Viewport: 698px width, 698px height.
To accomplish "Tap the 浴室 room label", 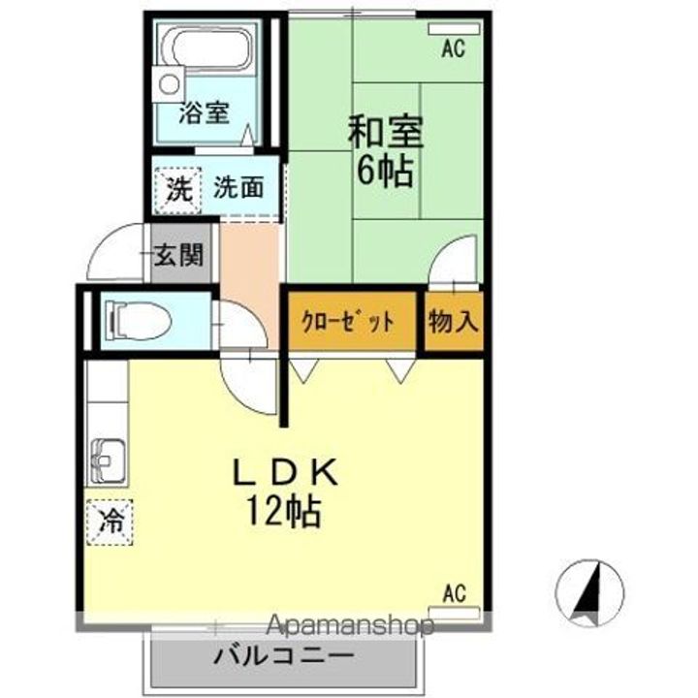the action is [x=205, y=112].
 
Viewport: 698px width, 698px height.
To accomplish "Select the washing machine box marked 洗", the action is [x=178, y=190].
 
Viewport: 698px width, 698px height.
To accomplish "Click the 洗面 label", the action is [x=238, y=187].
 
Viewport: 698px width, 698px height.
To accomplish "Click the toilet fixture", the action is [x=138, y=320].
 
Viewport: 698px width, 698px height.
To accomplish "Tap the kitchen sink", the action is [x=108, y=462].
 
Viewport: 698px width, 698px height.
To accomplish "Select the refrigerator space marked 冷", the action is [x=110, y=522].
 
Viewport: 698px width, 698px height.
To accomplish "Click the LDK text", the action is [x=285, y=472].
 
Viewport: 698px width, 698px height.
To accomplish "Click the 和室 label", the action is [x=386, y=132].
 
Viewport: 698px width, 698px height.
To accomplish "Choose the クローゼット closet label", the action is [x=348, y=322].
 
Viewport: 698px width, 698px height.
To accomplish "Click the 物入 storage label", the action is [x=454, y=321].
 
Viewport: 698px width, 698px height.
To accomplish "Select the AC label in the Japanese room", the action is [x=453, y=48].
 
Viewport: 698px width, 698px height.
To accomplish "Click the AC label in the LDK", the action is [x=455, y=593].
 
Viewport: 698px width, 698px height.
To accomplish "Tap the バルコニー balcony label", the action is [x=284, y=655].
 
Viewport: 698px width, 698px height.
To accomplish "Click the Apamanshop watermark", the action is [x=350, y=625].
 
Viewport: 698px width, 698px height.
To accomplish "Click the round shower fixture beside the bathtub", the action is [x=169, y=84].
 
